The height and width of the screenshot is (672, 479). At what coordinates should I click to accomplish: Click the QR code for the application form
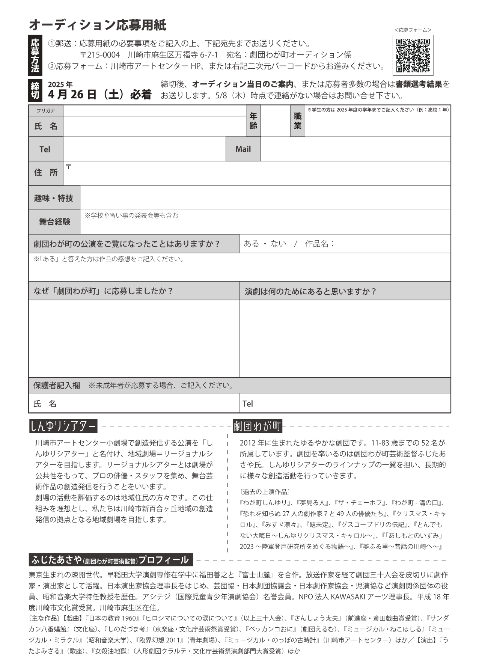pos(413,55)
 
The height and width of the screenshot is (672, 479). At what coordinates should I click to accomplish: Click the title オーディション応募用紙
pos(97,25)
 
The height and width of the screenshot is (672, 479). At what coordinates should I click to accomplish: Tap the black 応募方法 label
pos(35,55)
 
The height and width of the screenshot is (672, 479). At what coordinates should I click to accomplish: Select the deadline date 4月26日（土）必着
pos(99,94)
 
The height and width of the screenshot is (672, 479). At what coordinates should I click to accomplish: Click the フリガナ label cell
pos(46,110)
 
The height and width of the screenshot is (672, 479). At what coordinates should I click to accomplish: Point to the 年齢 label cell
pos(253,121)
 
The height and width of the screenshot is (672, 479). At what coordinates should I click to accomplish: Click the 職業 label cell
pos(298,121)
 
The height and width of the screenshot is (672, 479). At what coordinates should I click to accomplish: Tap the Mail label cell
pos(243,149)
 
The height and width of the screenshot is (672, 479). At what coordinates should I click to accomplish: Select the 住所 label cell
pos(46,172)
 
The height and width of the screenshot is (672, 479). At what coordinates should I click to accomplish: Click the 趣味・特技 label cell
pos(54,198)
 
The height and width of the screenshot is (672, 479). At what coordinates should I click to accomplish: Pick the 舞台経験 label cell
pos(54,222)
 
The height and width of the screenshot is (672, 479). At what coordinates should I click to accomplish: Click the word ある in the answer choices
pos(251,244)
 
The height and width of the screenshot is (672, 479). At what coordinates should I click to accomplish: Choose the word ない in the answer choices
pos(278,244)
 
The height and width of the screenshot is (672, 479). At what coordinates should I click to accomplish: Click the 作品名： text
pos(319,244)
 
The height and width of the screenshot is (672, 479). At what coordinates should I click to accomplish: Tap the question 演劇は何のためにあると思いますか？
pos(310,291)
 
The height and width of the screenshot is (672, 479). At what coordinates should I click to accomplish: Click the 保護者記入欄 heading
pos(57,385)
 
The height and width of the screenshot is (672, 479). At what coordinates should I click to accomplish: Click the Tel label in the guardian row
pos(248,404)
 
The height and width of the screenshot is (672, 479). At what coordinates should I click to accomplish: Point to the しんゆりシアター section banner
pos(63,426)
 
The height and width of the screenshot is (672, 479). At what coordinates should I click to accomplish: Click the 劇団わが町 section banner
pos(258,426)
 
